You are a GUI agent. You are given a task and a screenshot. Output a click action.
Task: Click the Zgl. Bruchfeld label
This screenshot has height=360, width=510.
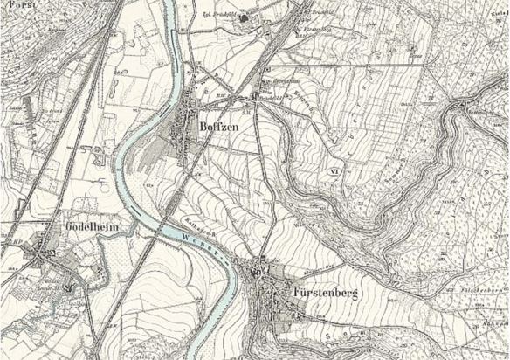pos(218,17)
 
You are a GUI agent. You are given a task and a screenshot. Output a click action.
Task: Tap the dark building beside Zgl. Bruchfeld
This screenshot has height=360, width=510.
pos(245,18)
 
